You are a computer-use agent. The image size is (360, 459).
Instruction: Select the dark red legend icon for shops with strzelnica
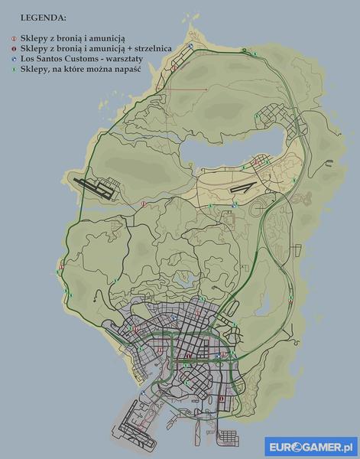(14, 47)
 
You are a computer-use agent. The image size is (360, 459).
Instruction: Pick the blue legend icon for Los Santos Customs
(14, 57)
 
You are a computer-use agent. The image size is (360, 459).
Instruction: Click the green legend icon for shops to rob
(14, 68)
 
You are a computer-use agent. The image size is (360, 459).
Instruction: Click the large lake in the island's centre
(229, 153)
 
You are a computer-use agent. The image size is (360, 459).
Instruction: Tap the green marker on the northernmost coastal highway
(255, 53)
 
